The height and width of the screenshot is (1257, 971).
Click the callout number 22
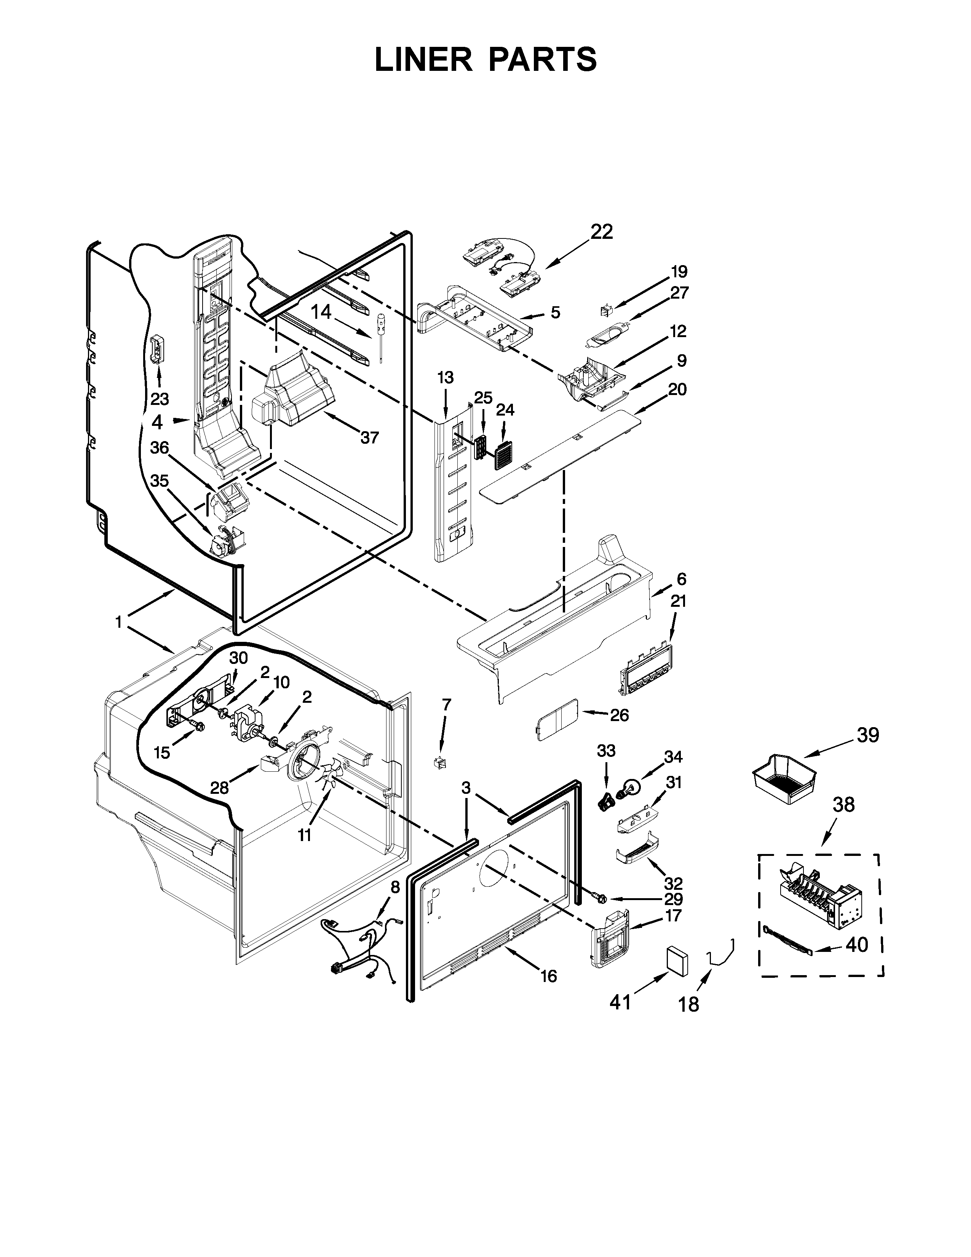tap(601, 231)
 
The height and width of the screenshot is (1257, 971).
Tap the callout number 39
tap(868, 735)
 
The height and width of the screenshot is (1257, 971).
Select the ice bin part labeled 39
tap(785, 779)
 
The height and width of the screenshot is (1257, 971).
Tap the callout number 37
tap(369, 438)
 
